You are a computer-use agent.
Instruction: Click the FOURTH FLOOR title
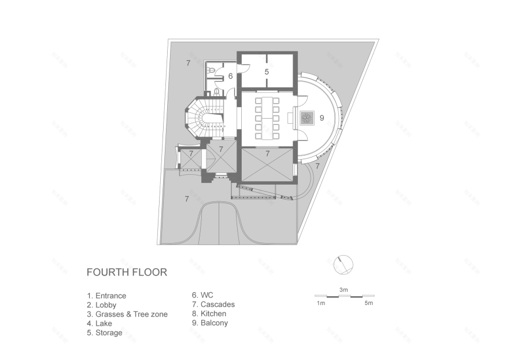pyautogui.click(x=127, y=272)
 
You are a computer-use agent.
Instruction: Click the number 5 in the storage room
pyautogui.click(x=267, y=72)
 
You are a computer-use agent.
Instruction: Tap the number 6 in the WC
pyautogui.click(x=230, y=76)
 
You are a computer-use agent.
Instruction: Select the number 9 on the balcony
pyautogui.click(x=322, y=118)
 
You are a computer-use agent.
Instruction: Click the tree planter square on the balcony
pyautogui.click(x=306, y=118)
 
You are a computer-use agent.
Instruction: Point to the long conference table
pyautogui.click(x=268, y=118)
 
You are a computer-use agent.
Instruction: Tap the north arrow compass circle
pyautogui.click(x=344, y=265)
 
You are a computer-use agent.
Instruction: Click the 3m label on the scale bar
pyautogui.click(x=344, y=289)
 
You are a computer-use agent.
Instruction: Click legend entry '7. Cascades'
pyautogui.click(x=213, y=304)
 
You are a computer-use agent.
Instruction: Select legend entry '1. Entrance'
pyautogui.click(x=106, y=296)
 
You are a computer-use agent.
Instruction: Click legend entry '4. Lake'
pyautogui.click(x=99, y=324)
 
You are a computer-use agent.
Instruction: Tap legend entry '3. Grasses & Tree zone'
pyautogui.click(x=127, y=314)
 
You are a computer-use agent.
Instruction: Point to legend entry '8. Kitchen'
pyautogui.click(x=210, y=314)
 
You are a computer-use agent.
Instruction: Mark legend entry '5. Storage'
pyautogui.click(x=105, y=333)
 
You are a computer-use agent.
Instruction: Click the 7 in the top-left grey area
pyautogui.click(x=187, y=61)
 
